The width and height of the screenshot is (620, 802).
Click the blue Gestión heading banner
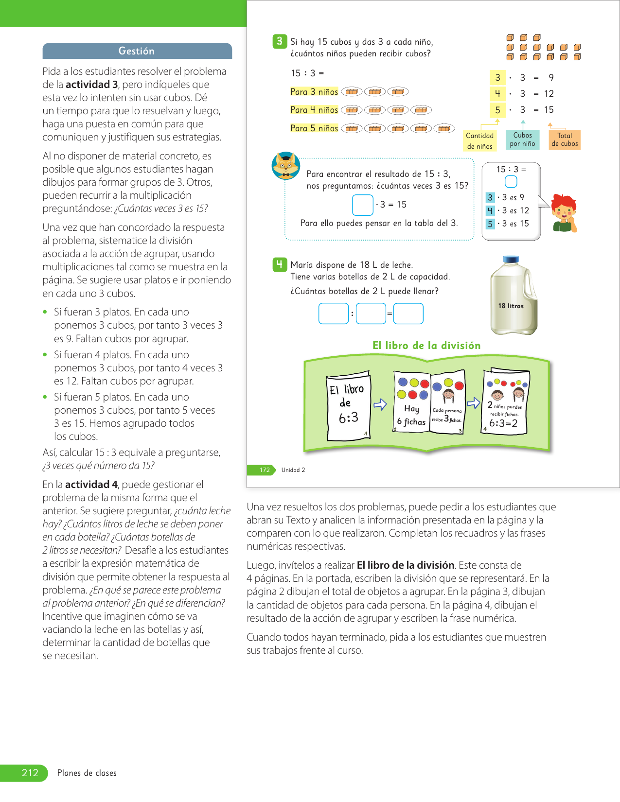[137, 51]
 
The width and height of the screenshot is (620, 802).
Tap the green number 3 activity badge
[279, 41]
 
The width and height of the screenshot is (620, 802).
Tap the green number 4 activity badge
[279, 264]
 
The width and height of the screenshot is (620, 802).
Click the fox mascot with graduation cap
[285, 166]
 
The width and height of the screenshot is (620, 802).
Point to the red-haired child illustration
[564, 213]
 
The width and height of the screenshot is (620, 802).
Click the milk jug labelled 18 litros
[513, 296]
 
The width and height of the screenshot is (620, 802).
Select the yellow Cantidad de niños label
[479, 141]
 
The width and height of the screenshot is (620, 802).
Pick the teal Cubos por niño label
[522, 139]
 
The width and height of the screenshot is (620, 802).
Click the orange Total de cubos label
[565, 140]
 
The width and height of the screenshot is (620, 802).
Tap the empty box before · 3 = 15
[362, 205]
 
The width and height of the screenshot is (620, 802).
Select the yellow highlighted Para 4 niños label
[314, 110]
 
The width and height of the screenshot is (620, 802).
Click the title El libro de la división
[426, 346]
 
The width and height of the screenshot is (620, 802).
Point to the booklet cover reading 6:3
[348, 406]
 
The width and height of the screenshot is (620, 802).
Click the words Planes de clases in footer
[87, 773]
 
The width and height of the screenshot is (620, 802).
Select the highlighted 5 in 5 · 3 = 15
[497, 110]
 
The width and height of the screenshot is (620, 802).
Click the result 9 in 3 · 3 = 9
[550, 78]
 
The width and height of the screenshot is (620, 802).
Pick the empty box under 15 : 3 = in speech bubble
[511, 181]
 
